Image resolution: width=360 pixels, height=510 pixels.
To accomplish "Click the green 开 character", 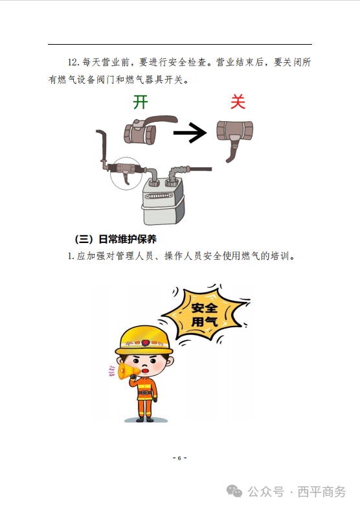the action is [141, 102].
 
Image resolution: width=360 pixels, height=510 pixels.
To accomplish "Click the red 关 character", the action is [238, 102].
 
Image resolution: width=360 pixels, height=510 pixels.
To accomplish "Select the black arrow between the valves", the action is [190, 133].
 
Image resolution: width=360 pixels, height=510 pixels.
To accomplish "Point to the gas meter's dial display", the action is [159, 196].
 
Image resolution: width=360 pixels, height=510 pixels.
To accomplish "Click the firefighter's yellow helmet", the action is [144, 341].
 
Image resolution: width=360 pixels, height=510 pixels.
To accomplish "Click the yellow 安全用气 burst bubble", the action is [204, 314].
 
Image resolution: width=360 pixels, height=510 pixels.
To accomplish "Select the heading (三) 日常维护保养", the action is [116, 239].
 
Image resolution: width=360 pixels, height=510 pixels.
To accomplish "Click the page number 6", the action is [179, 458].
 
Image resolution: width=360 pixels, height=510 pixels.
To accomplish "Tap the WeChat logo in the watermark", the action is [234, 491].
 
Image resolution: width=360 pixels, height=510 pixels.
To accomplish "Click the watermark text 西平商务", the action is [322, 492].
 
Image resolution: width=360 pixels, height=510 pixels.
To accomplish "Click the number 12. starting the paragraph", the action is [73, 62].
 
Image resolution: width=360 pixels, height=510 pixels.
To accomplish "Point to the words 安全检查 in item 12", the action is [188, 62].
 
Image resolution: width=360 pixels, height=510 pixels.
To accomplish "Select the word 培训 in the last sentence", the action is [280, 256].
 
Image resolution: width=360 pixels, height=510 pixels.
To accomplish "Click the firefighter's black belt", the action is [145, 393].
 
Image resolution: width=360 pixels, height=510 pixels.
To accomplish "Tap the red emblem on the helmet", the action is [144, 343].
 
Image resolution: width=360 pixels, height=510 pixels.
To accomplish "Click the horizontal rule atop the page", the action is [180, 44].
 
